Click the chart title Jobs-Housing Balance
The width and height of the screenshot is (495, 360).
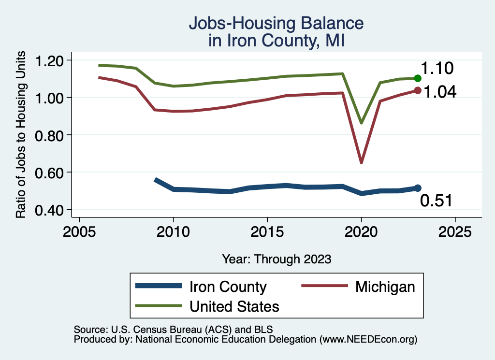click(x=276, y=23)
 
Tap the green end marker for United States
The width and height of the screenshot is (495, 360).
click(x=418, y=78)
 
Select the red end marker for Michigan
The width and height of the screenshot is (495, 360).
click(x=418, y=90)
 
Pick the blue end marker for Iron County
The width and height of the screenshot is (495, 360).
click(x=418, y=188)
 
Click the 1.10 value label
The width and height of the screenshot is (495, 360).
click(x=437, y=69)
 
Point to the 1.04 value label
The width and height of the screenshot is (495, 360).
click(x=440, y=92)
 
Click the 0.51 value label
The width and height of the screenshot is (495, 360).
click(x=436, y=200)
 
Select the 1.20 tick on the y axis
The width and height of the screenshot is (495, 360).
click(x=50, y=60)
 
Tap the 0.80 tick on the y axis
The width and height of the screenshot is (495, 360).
click(x=50, y=135)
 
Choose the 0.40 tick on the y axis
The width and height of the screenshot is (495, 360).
click(x=50, y=210)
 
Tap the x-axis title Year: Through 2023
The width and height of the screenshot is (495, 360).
click(x=277, y=259)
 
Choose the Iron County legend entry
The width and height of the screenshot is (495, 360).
click(x=227, y=287)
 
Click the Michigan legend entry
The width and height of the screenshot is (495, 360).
click(x=385, y=287)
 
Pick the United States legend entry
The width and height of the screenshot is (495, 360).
click(x=234, y=306)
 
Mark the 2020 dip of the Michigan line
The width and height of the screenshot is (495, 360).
click(x=361, y=162)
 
